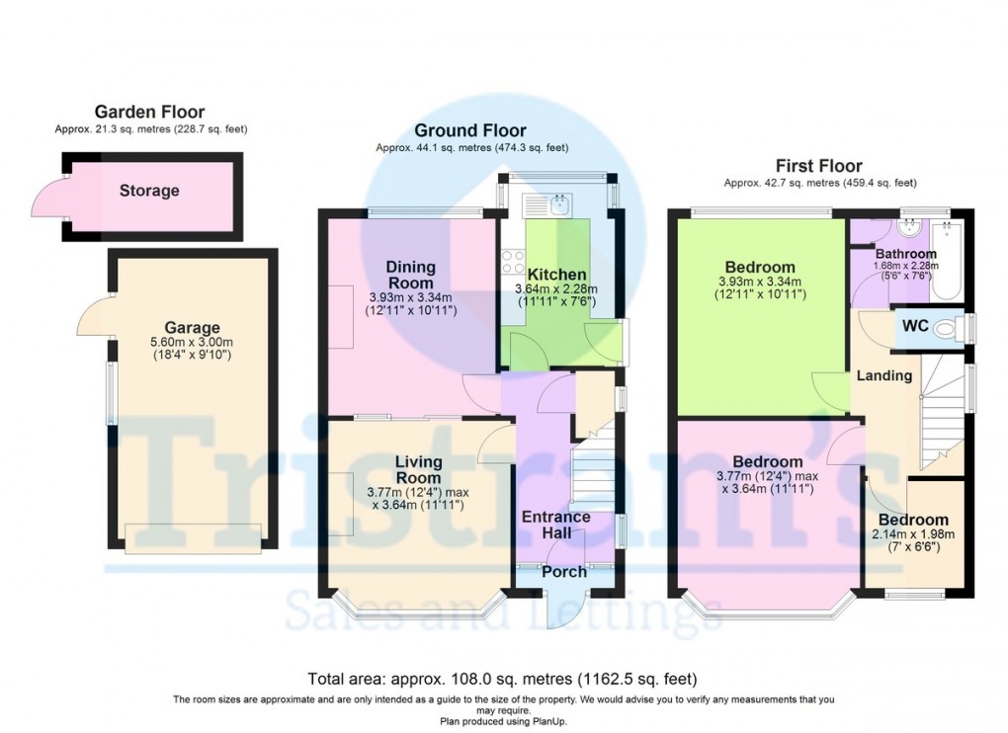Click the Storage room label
(149, 191)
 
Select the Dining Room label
(410, 275)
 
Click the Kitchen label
(556, 274)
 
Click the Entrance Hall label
(555, 525)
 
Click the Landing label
(883, 375)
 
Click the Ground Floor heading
(469, 130)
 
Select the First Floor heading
(819, 166)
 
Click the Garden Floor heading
(149, 113)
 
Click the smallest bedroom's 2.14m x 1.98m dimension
(913, 534)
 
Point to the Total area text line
(503, 680)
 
